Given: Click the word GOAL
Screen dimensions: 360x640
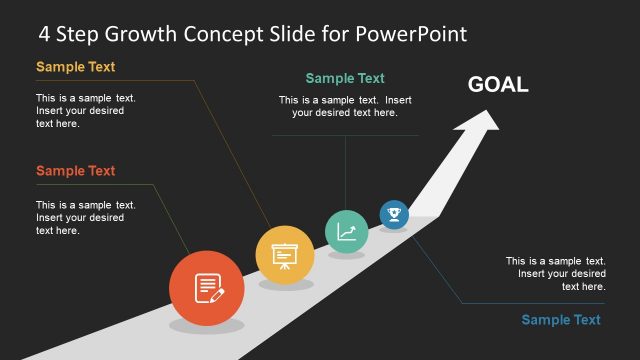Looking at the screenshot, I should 498,85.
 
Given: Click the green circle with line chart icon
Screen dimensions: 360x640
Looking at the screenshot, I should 346,231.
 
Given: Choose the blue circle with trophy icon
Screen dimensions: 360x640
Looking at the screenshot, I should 394,214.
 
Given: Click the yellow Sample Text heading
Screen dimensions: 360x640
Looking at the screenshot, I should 75,68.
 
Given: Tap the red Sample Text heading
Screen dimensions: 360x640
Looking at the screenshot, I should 75,171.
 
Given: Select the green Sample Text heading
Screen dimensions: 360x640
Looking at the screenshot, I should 345,78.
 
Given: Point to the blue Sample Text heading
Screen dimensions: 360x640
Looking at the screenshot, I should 561,320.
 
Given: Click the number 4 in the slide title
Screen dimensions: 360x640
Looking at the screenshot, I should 45,34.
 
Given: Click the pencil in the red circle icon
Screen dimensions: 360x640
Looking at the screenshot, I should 217,293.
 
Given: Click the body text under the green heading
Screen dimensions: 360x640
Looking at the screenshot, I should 345,106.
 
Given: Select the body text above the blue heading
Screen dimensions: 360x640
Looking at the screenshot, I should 555,273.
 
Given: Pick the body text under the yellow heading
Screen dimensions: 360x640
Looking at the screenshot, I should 86,111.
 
